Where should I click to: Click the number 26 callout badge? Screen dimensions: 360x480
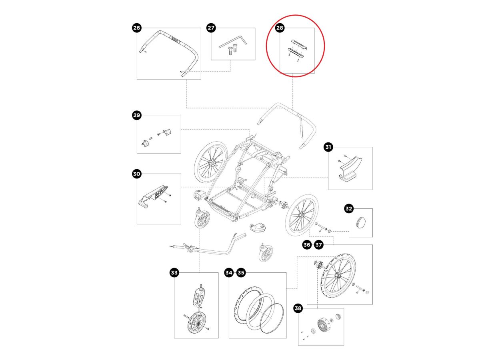tap(137, 28)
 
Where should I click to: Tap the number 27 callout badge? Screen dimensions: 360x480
tap(211, 28)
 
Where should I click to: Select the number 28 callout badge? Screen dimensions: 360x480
tap(280, 28)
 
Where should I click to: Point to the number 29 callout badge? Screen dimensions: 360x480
tap(137, 116)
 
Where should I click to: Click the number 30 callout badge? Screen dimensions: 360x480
tap(137, 174)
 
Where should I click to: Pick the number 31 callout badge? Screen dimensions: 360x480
tap(328, 147)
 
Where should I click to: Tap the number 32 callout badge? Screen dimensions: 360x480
tap(349, 208)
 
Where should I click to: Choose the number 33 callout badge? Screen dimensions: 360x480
tap(174, 273)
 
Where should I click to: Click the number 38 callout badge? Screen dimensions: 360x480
tap(298, 309)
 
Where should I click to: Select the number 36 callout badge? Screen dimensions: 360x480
tap(307, 245)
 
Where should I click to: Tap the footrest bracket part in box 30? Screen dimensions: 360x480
tap(154, 196)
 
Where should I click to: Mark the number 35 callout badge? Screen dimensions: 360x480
tap(241, 273)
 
